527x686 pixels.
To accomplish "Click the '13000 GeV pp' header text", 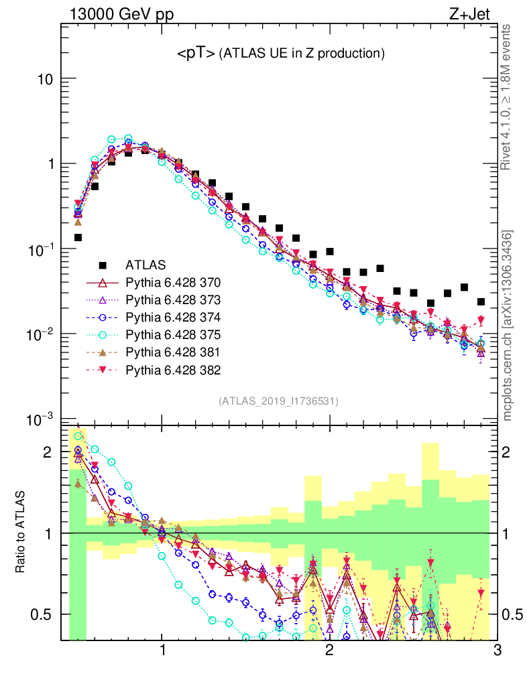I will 114,14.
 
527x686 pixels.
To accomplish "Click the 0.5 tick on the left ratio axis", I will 42,614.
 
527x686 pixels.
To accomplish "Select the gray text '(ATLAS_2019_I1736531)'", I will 278,401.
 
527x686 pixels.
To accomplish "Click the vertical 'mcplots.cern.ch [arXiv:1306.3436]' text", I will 509,326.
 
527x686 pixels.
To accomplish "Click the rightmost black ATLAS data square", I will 481,301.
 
